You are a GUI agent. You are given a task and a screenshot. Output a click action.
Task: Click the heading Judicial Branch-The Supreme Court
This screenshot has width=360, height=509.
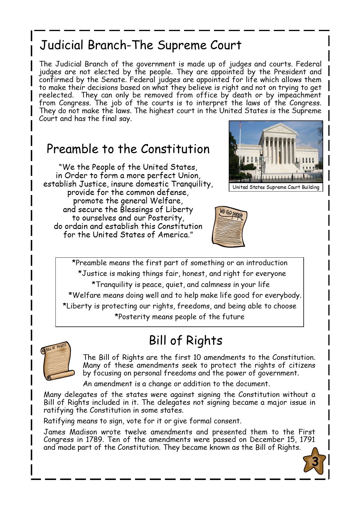pos(141,45)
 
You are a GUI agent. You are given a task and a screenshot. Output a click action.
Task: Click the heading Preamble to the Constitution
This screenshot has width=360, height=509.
pos(128,149)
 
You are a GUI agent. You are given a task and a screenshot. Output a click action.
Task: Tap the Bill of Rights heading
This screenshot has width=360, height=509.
pos(186,340)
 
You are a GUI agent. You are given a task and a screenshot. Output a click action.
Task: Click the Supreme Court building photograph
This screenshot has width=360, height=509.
pos(276,152)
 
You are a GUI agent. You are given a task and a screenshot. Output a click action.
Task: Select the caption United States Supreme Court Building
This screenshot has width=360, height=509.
pos(276,187)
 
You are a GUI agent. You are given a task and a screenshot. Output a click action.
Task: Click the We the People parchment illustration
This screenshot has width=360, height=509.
pos(229,226)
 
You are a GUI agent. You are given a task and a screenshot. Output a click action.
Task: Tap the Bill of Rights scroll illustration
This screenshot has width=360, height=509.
pos(57,361)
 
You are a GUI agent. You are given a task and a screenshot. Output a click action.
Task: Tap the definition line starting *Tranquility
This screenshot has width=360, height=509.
pos(181,284)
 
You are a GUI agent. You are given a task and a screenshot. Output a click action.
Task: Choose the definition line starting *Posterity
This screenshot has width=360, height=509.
pos(179,317)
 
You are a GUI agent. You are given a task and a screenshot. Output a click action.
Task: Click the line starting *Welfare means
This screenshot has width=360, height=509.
pos(185,295)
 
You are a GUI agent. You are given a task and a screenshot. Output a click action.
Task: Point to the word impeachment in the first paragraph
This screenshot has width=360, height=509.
pos(299,95)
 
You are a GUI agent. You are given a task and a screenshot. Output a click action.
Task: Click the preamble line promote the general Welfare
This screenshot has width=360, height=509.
pos(128,201)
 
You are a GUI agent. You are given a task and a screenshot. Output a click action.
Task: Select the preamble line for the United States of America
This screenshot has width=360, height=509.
pos(128,234)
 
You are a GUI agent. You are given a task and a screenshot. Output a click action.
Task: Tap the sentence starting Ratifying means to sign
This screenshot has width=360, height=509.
pos(142,421)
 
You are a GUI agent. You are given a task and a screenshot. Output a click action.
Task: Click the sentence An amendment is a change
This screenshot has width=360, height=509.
pos(176,384)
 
